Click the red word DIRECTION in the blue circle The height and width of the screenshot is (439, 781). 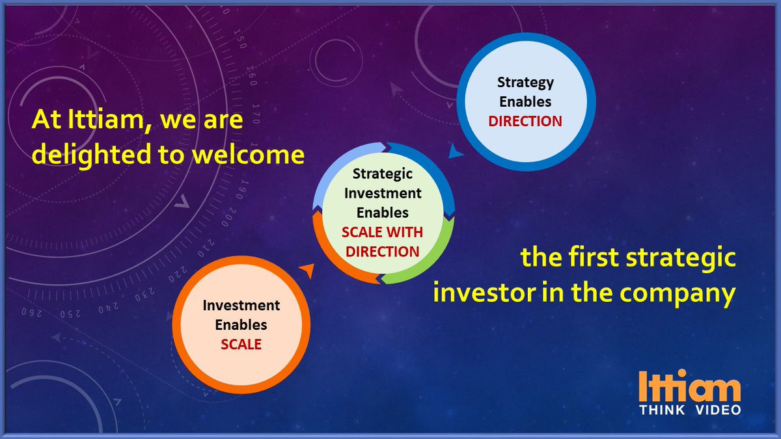click(525, 121)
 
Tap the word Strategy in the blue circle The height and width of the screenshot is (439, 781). click(525, 83)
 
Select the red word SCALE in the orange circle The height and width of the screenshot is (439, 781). click(241, 344)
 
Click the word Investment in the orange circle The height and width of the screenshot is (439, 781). click(241, 305)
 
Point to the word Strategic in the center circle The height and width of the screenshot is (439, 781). click(383, 174)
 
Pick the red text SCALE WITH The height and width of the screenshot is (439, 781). click(383, 232)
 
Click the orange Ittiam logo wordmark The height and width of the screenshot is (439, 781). click(690, 386)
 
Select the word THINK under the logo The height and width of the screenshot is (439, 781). click(662, 410)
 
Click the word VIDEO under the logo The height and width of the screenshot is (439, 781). click(719, 410)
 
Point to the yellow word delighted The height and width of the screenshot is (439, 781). click(92, 155)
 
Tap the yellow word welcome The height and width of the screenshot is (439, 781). click(249, 155)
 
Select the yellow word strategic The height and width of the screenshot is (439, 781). click(681, 258)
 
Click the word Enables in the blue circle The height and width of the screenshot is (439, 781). click(525, 101)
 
